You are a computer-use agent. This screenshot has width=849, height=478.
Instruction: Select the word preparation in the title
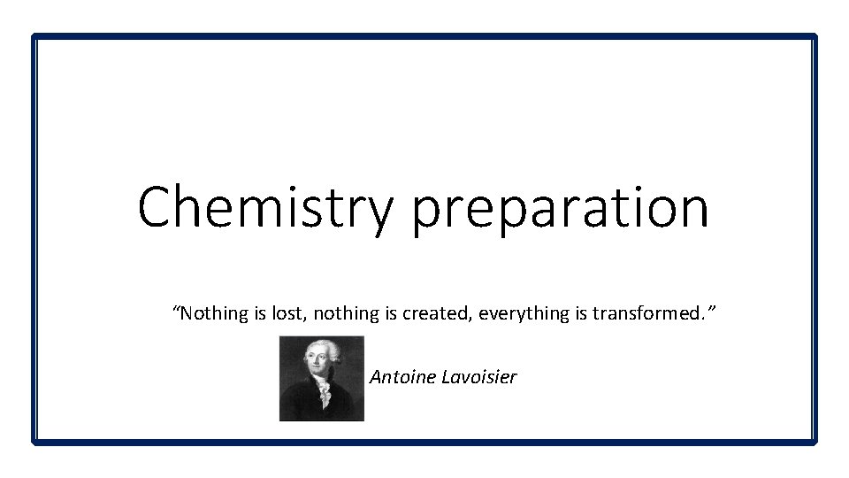560,211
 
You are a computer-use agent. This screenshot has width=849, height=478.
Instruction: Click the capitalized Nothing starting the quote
210,313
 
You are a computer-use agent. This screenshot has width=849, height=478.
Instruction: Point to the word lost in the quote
276,313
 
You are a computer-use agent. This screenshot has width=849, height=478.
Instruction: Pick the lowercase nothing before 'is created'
333,313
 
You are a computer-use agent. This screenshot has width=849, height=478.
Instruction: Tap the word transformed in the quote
646,313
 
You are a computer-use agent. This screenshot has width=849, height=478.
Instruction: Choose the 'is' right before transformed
580,313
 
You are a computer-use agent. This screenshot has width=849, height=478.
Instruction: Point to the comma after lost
294,319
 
